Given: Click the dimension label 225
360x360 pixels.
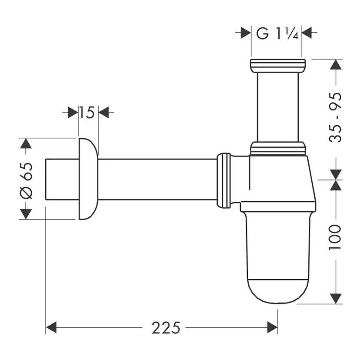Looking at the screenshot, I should point(166,327).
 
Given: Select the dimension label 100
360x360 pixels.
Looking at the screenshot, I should point(334,237).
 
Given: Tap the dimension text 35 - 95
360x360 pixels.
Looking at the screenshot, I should point(334,117).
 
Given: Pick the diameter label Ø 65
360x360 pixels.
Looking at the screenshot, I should point(27,179).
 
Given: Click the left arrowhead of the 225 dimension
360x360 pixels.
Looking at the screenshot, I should point(52,327).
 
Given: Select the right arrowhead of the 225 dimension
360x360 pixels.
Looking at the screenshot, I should point(272,327).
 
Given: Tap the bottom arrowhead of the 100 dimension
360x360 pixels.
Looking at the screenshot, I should point(335,299).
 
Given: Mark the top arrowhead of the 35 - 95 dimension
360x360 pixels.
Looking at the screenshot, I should point(335,64).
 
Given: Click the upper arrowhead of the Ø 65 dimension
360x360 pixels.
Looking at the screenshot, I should point(27,144).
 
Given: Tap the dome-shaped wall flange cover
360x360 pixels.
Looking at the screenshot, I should point(87,179).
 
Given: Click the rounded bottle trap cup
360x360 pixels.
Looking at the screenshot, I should point(277,257).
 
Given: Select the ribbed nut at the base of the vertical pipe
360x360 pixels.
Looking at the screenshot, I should point(277,148).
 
